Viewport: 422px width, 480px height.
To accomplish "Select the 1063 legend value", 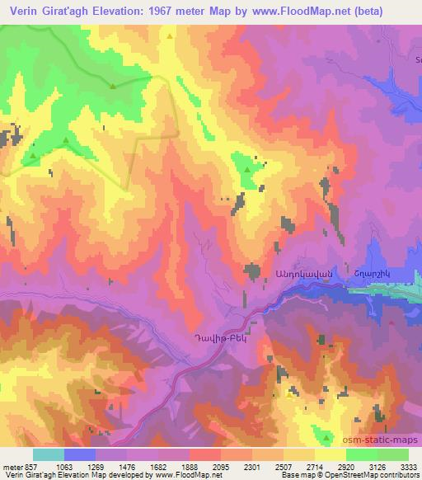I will click(64, 465).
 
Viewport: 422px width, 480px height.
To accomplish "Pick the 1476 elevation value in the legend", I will click(128, 465).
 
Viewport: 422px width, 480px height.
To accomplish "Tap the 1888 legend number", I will click(190, 465).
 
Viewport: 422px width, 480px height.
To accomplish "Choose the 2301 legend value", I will click(252, 465).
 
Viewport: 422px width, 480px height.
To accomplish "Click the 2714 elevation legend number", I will click(315, 465).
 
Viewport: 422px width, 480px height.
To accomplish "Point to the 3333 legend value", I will click(409, 465).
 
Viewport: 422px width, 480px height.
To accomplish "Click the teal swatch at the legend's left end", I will click(49, 454).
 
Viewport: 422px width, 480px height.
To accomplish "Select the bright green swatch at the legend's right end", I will click(393, 454).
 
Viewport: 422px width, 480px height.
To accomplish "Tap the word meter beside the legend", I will click(11, 465).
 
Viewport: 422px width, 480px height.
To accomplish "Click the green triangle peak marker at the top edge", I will click(170, 36).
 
